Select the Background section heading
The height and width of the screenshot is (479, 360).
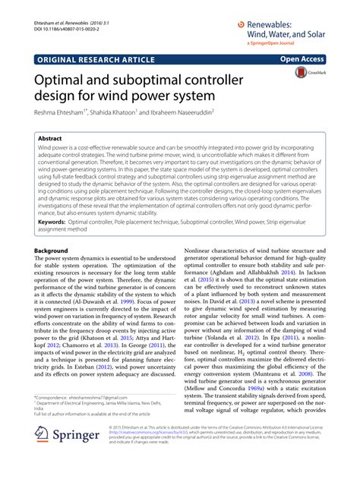tap(55, 250)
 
